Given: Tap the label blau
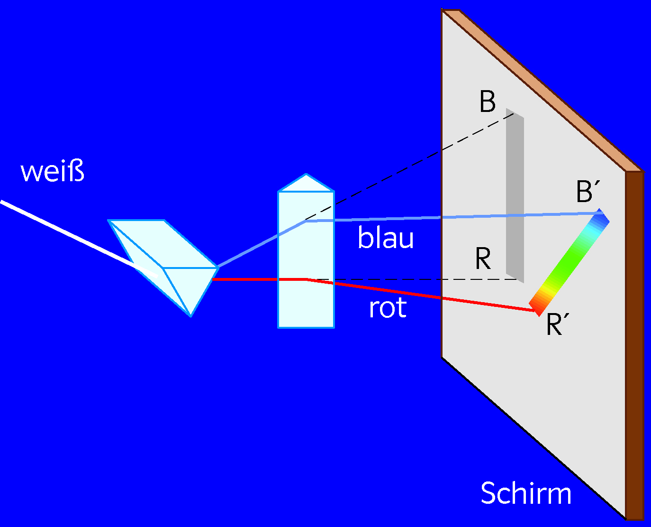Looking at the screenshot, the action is [385, 237].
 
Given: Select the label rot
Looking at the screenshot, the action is [388, 307].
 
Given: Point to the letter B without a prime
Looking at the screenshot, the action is [487, 102].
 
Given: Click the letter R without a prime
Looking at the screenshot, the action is [483, 259].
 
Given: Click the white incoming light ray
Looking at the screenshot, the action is [79, 239].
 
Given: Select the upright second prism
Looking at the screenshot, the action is [306, 251].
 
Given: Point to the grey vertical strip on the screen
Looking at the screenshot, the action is [515, 195].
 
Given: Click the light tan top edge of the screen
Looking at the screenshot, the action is [543, 91].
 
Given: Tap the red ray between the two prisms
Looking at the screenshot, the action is [245, 279].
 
